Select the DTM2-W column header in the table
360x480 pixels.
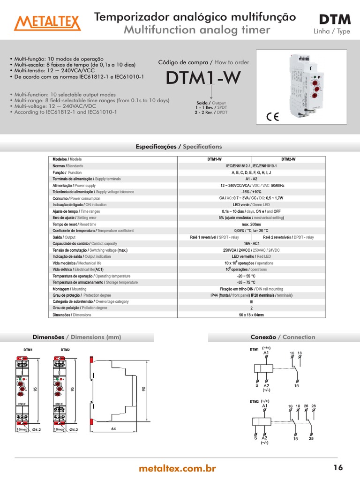pos(288,159)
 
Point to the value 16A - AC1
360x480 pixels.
pos(252,244)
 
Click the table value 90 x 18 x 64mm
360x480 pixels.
pos(252,315)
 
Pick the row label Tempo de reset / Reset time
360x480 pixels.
pos(75,225)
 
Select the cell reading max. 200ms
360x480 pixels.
pos(252,225)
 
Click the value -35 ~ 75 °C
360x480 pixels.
pos(252,283)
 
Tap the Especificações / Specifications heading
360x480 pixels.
pos(179,147)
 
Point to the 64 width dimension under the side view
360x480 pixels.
pos(113,428)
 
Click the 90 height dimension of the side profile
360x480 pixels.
pos(144,389)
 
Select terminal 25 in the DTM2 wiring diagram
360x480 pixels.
pos(311,439)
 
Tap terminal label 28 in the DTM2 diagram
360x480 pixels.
pos(314,406)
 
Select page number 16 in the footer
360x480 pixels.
pos(338,467)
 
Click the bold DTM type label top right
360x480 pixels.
pos(335,19)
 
